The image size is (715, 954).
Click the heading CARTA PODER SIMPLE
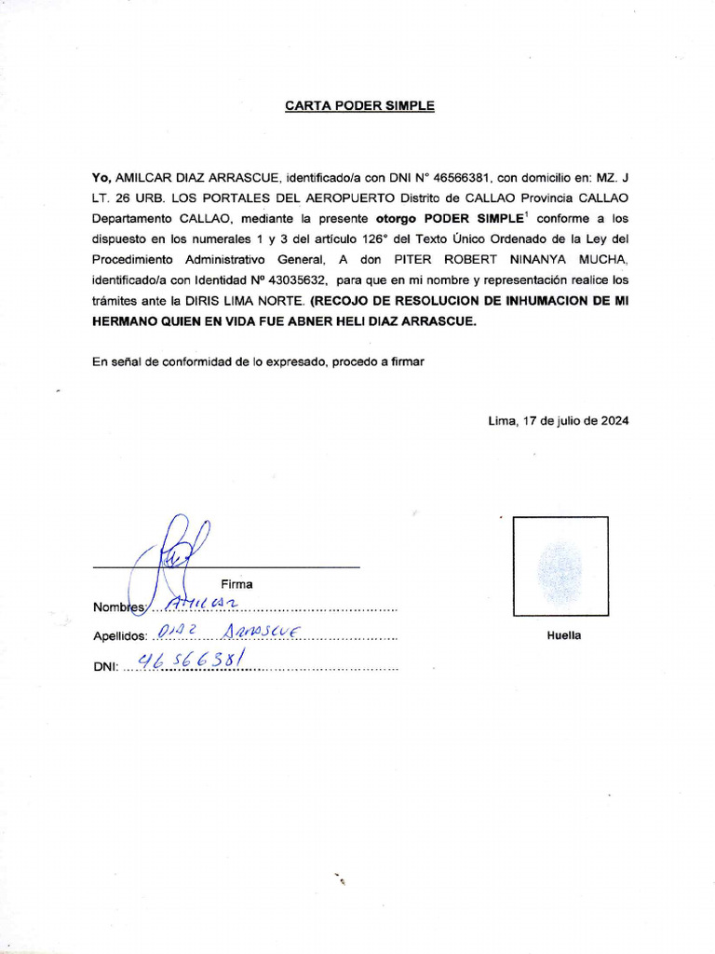coord(359,106)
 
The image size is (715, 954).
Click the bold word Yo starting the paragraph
coord(101,177)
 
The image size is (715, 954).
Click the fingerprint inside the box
coord(560,568)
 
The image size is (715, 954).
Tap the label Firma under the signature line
coord(236,584)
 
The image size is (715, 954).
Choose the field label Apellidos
coord(120,637)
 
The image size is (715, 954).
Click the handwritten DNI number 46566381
coord(191,661)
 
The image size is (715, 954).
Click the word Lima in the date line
coord(502,420)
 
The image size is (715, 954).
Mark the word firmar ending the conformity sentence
coord(405,361)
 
